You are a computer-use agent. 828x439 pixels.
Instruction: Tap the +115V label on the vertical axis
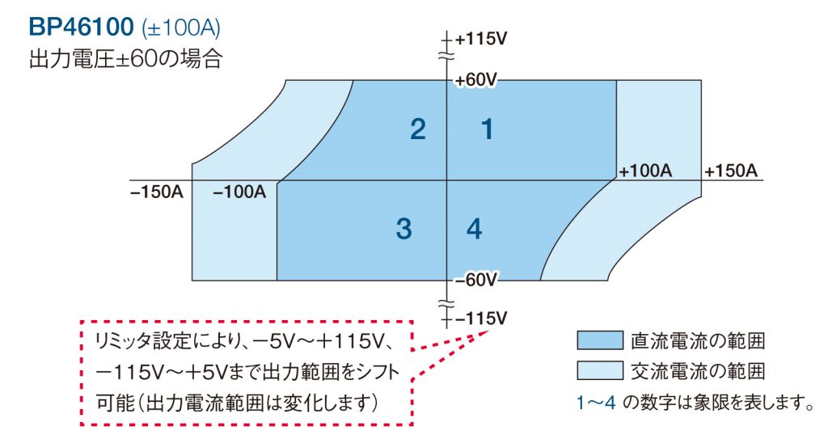pos(482,39)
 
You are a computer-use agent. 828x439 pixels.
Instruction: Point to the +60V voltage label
pos(475,80)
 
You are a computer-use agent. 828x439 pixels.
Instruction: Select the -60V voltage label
pos(475,281)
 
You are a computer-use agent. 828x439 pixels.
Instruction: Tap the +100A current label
pos(645,171)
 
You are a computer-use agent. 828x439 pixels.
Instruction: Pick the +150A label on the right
pos(730,171)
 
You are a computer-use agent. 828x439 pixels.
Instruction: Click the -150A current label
pos(156,192)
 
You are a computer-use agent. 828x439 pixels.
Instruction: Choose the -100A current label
pos(240,192)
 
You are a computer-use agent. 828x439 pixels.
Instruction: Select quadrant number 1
pos(487,129)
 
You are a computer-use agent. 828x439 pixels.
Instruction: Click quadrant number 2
pos(417,129)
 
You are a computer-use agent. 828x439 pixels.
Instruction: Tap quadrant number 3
pos(404,230)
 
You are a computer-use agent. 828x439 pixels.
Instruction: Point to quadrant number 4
pos(475,230)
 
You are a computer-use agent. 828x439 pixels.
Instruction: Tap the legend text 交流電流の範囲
pos(698,371)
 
